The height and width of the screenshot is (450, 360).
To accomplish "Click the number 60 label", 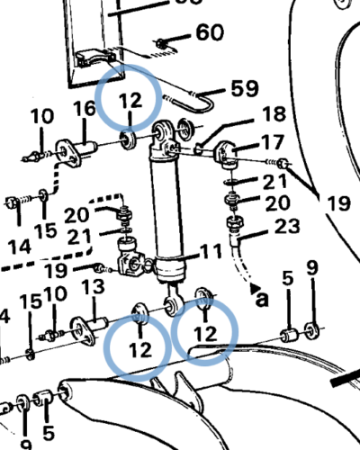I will tap(209, 34).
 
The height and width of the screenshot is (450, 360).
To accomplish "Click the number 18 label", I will tap(274, 115).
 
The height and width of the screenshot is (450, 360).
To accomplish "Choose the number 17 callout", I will tap(272, 142).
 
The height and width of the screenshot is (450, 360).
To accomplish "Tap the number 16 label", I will tap(85, 109).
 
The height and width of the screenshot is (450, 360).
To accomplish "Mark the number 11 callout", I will tap(210, 250).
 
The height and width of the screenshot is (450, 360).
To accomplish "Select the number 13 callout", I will tap(94, 287).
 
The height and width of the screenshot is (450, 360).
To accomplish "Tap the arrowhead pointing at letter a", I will tap(254, 285).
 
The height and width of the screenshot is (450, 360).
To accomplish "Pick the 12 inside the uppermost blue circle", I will tap(130, 97).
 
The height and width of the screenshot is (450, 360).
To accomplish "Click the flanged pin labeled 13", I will tap(90, 323).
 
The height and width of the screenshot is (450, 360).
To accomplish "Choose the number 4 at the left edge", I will tap(4, 316).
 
